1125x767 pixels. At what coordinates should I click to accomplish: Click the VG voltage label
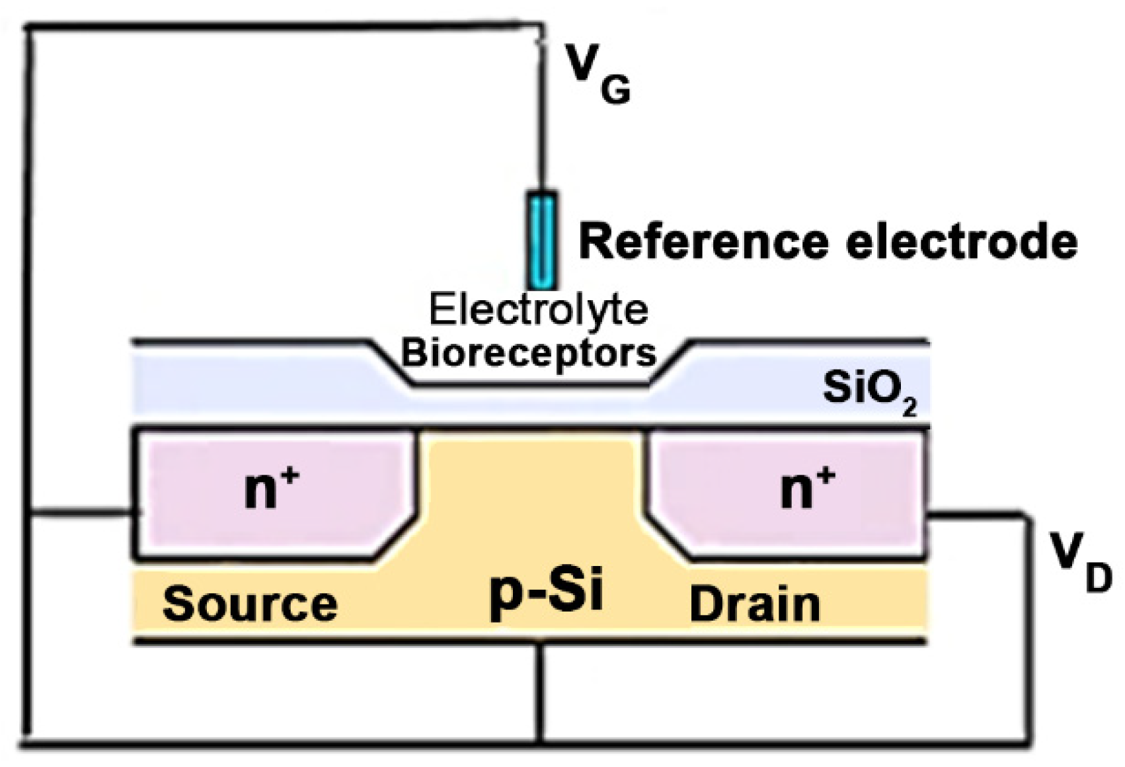(x=598, y=73)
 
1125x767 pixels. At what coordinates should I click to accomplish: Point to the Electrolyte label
(x=538, y=309)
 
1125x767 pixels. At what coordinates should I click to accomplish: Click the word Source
(x=250, y=604)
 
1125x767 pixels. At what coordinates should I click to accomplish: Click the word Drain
(x=754, y=604)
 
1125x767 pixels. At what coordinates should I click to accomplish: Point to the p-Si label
(x=546, y=592)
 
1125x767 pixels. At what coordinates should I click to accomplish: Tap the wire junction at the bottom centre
(x=541, y=741)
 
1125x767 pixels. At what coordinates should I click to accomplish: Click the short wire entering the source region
(x=83, y=512)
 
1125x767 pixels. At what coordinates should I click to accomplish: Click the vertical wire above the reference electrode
(x=541, y=119)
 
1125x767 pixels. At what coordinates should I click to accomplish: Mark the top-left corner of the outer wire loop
(x=28, y=28)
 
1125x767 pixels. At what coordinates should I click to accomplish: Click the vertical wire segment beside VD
(x=1028, y=628)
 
